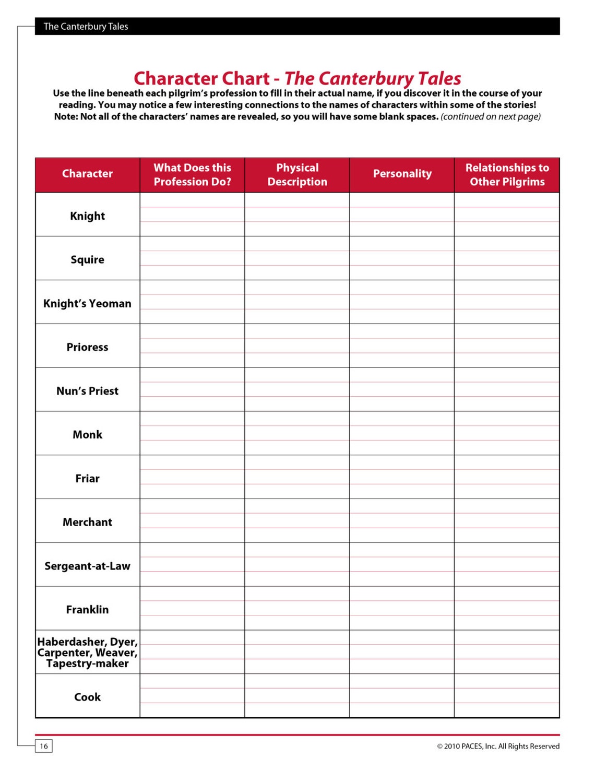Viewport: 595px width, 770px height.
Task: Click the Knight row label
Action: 87,216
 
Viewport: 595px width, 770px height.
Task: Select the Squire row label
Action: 87,259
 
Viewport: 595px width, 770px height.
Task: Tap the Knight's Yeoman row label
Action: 87,303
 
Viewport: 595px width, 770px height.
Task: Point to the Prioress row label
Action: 87,347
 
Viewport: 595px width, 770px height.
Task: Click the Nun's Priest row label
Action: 87,391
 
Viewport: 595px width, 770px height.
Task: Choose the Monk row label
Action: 87,434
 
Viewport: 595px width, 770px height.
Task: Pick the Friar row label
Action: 87,478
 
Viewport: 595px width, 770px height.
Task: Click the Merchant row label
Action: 87,522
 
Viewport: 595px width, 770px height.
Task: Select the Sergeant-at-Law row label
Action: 87,566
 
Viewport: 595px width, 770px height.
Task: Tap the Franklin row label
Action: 87,610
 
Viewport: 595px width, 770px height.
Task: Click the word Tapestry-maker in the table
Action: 87,664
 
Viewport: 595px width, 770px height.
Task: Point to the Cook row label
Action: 87,697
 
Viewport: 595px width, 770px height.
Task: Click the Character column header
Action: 87,174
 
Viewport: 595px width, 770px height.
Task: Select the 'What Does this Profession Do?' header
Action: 192,174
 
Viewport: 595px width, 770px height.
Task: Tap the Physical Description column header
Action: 297,174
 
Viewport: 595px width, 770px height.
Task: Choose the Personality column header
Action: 402,174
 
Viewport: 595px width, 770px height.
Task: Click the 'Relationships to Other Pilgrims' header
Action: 507,174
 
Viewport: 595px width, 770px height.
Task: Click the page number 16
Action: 44,746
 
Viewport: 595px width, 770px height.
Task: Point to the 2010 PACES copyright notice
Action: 498,746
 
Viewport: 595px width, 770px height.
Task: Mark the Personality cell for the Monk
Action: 402,433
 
